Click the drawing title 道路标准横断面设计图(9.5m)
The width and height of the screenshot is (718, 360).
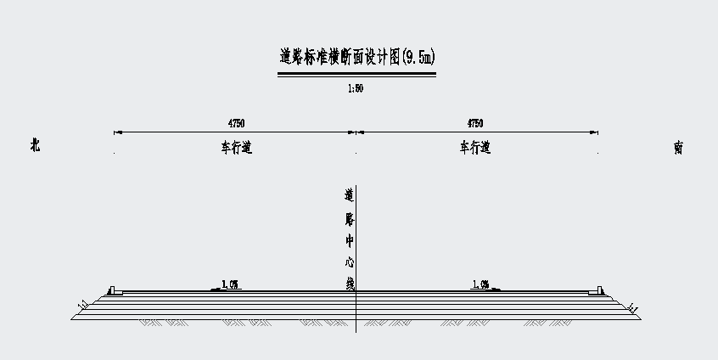coord(356,58)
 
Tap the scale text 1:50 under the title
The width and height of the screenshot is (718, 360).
coord(356,87)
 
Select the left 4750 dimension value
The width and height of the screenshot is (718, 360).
coord(236,124)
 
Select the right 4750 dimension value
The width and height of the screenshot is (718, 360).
coord(475,124)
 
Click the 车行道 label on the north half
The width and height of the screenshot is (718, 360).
coord(236,148)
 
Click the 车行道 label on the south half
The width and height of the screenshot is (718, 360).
coord(475,148)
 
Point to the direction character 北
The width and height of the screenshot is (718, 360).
coord(35,146)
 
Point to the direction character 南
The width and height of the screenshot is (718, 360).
coord(678,148)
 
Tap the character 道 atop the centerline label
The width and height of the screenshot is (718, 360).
coord(349,194)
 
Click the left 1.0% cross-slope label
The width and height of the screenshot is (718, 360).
coord(229,284)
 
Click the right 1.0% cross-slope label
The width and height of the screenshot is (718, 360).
coord(480,284)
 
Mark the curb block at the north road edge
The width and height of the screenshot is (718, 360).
coord(114,291)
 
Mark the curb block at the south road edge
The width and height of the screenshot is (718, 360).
coord(598,291)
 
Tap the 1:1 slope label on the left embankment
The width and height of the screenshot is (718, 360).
coord(82,304)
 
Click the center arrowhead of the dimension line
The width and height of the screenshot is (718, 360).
coord(356,132)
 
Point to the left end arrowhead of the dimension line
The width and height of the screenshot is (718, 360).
coord(116,132)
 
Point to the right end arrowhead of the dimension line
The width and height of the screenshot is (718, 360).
coord(596,132)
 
